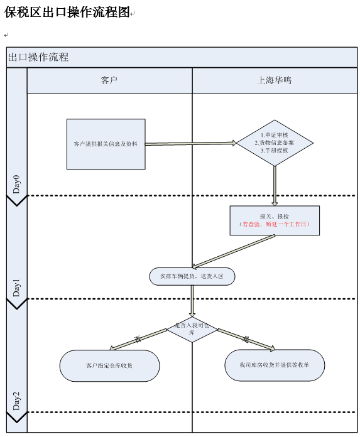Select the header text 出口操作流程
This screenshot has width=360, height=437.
[x=39, y=57]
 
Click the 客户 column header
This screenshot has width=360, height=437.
[x=109, y=80]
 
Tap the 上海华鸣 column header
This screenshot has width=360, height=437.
[x=275, y=80]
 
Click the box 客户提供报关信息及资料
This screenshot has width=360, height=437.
[x=106, y=144]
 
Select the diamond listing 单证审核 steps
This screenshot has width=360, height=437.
[x=275, y=143]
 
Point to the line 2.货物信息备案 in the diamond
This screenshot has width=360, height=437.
[x=275, y=143]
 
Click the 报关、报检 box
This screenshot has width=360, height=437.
[x=275, y=217]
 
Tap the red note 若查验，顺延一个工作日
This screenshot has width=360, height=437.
[x=275, y=224]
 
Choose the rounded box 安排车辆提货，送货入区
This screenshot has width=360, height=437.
[x=192, y=276]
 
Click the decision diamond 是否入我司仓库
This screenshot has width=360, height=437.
[x=192, y=329]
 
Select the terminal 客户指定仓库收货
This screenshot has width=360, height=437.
[x=109, y=365]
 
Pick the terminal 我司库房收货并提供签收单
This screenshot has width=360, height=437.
[x=275, y=365]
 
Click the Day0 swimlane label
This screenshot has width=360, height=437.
[x=17, y=184]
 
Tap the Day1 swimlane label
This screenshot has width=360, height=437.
[x=17, y=288]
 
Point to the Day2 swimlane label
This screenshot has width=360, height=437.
[x=17, y=400]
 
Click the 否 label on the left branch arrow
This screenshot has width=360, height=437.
[x=137, y=339]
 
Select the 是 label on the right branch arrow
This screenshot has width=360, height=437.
[x=246, y=339]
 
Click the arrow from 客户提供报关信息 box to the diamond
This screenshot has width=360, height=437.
[x=190, y=143]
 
